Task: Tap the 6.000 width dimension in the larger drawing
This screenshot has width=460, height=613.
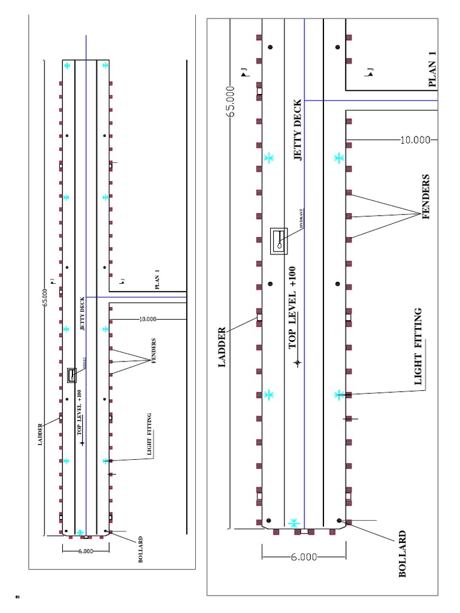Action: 304,557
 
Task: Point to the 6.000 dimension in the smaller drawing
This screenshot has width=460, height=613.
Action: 86,552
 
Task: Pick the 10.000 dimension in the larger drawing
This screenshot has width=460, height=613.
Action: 415,140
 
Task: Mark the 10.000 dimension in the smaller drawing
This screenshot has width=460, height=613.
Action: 147,319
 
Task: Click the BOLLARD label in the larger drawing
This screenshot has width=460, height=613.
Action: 402,554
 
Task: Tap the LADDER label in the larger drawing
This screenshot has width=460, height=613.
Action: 222,347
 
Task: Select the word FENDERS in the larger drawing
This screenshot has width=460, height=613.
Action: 426,197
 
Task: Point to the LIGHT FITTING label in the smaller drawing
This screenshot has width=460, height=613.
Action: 149,435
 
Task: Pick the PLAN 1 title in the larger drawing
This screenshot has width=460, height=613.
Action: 433,69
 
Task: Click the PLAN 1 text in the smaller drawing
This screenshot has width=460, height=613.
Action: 158,280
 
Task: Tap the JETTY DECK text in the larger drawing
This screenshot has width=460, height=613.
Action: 298,138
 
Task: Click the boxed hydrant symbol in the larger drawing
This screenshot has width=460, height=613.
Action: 280,241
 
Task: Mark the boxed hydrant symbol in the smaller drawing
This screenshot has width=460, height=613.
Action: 72,375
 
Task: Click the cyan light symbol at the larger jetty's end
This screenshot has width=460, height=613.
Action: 293,523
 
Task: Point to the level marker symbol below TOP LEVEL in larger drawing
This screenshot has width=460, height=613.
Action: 296,362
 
